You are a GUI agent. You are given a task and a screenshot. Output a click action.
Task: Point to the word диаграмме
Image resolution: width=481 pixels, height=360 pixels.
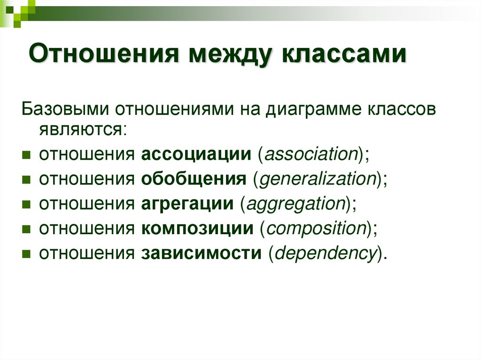point(309,109)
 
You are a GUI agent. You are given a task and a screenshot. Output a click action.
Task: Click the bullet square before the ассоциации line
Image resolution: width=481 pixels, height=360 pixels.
point(26,155)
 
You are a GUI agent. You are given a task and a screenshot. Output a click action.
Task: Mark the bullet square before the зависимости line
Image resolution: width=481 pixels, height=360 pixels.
point(26,254)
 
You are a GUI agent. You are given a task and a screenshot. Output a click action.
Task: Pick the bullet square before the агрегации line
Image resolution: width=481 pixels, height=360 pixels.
point(26,205)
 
